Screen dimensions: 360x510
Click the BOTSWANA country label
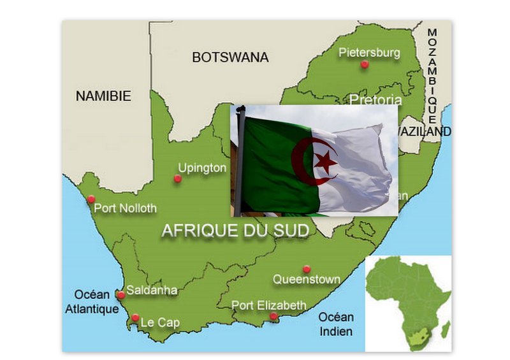pyautogui.click(x=230, y=57)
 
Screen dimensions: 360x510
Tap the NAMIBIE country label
pyautogui.click(x=103, y=96)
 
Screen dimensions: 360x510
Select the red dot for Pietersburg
pyautogui.click(x=364, y=64)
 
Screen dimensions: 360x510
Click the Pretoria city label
pyautogui.click(x=376, y=100)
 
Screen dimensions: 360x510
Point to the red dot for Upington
pyautogui.click(x=177, y=178)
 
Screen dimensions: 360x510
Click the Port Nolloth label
pyautogui.click(x=125, y=208)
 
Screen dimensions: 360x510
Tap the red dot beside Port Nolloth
pyautogui.click(x=91, y=199)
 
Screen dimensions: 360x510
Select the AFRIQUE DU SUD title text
pyautogui.click(x=235, y=230)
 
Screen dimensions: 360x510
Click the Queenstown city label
pyautogui.click(x=306, y=279)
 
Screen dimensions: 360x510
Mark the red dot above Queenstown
pyautogui.click(x=306, y=268)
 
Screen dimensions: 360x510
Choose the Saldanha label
pyautogui.click(x=152, y=291)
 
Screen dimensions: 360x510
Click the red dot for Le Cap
pyautogui.click(x=135, y=317)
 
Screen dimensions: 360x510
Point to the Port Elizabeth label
pyautogui.click(x=268, y=305)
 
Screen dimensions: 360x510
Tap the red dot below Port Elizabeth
pyautogui.click(x=273, y=316)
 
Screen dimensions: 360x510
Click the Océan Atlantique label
pyautogui.click(x=92, y=302)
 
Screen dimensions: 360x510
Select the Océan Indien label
pyautogui.click(x=336, y=324)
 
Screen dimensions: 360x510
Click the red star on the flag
pyautogui.click(x=326, y=161)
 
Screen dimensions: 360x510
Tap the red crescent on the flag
pyautogui.click(x=300, y=163)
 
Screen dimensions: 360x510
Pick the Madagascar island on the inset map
pyautogui.click(x=446, y=329)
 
